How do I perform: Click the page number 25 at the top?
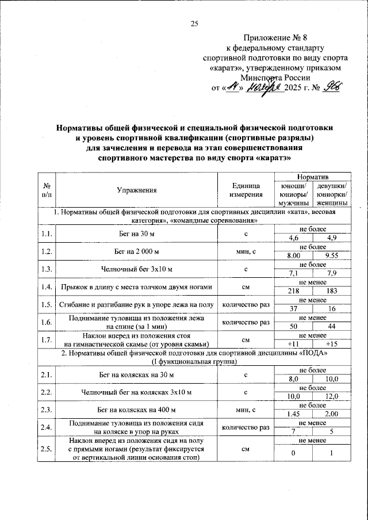[194, 24]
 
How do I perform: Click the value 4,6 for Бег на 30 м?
[294, 238]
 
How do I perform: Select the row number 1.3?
[46, 269]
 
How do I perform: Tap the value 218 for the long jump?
[294, 291]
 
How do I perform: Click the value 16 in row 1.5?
[331, 309]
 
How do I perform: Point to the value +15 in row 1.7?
[331, 344]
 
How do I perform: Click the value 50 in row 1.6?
[294, 327]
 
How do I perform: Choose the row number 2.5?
[46, 449]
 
